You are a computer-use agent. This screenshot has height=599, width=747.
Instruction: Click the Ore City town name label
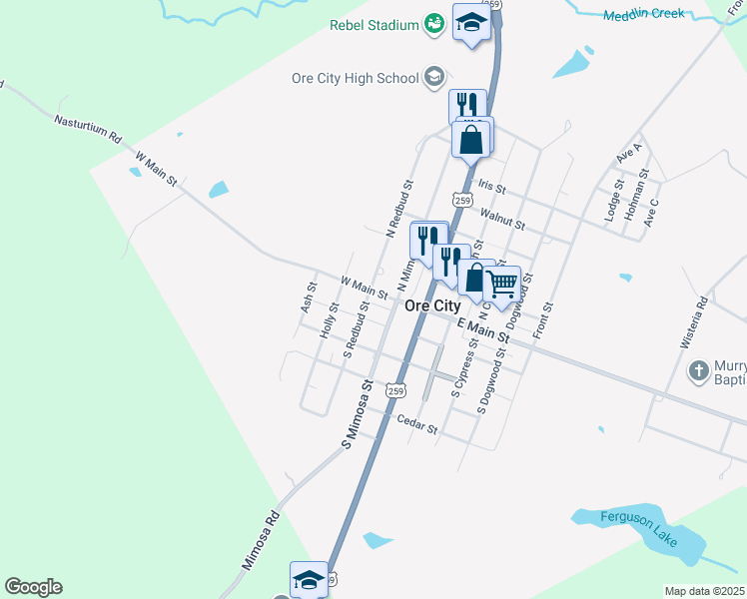pyautogui.click(x=432, y=305)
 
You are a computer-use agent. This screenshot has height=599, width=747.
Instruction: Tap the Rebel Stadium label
pyautogui.click(x=374, y=24)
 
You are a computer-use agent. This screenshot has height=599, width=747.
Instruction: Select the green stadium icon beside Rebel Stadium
pyautogui.click(x=433, y=23)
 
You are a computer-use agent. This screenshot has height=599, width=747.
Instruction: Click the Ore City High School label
pyautogui.click(x=355, y=77)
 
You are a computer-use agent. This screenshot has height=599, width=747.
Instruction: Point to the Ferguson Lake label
pyautogui.click(x=639, y=530)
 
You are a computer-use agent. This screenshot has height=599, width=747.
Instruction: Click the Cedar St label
pyautogui.click(x=417, y=425)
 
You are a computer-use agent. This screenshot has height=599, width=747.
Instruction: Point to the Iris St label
pyautogui.click(x=492, y=187)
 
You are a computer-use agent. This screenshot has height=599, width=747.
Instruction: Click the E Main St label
pyautogui.click(x=483, y=332)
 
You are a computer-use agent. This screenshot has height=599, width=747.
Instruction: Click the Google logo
pyautogui.click(x=33, y=587)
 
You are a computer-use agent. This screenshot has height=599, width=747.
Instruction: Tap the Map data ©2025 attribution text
pyautogui.click(x=704, y=591)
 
